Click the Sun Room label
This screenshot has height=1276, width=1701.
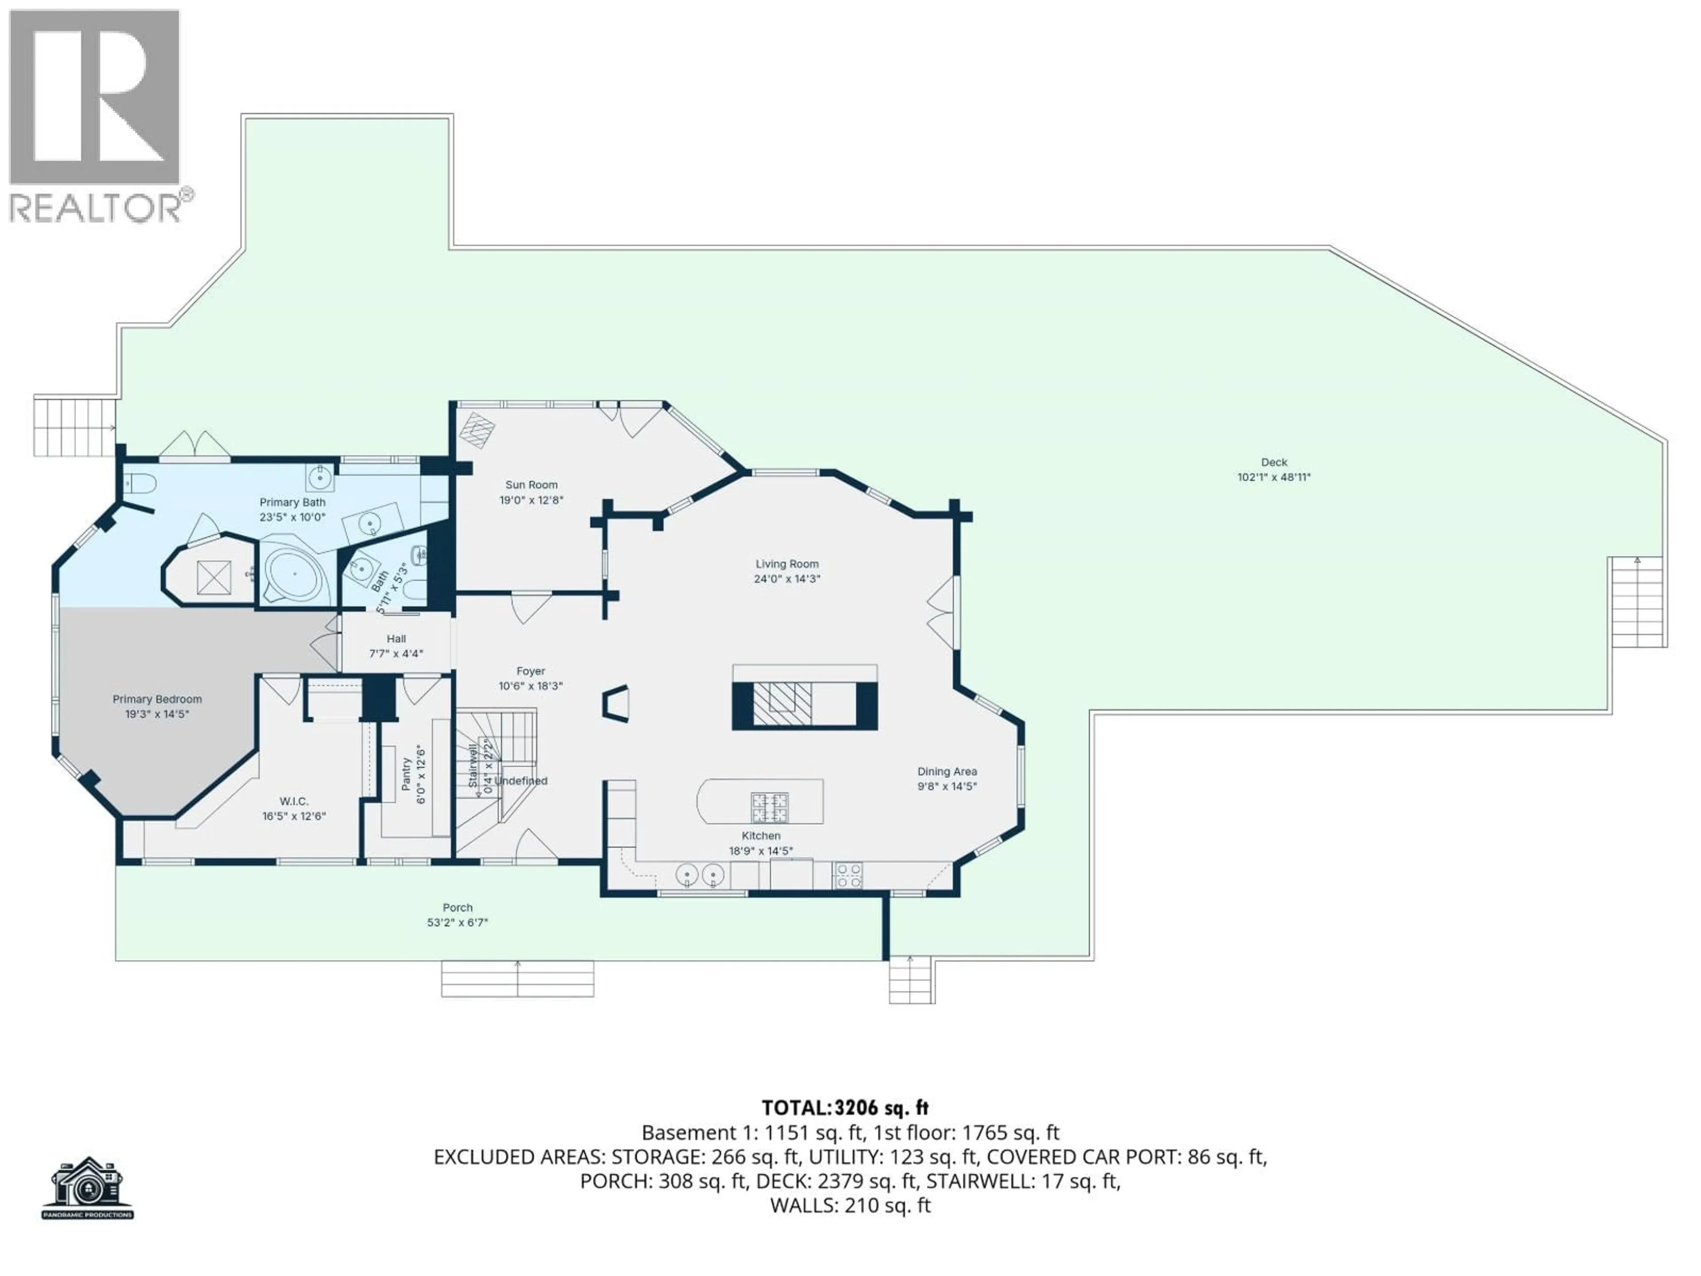click(531, 485)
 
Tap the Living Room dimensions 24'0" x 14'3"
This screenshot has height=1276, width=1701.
click(787, 579)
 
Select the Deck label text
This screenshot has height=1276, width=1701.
click(1274, 462)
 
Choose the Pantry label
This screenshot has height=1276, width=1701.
click(407, 774)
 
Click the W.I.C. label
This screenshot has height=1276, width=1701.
click(294, 801)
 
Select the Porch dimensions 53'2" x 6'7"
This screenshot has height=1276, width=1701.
click(458, 922)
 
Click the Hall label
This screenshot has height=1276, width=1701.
click(396, 638)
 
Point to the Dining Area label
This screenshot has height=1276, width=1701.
click(947, 771)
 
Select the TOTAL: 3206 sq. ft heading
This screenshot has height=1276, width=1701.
click(844, 1109)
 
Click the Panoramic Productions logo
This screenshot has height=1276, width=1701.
click(87, 1187)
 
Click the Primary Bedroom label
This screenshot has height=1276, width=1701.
click(157, 699)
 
